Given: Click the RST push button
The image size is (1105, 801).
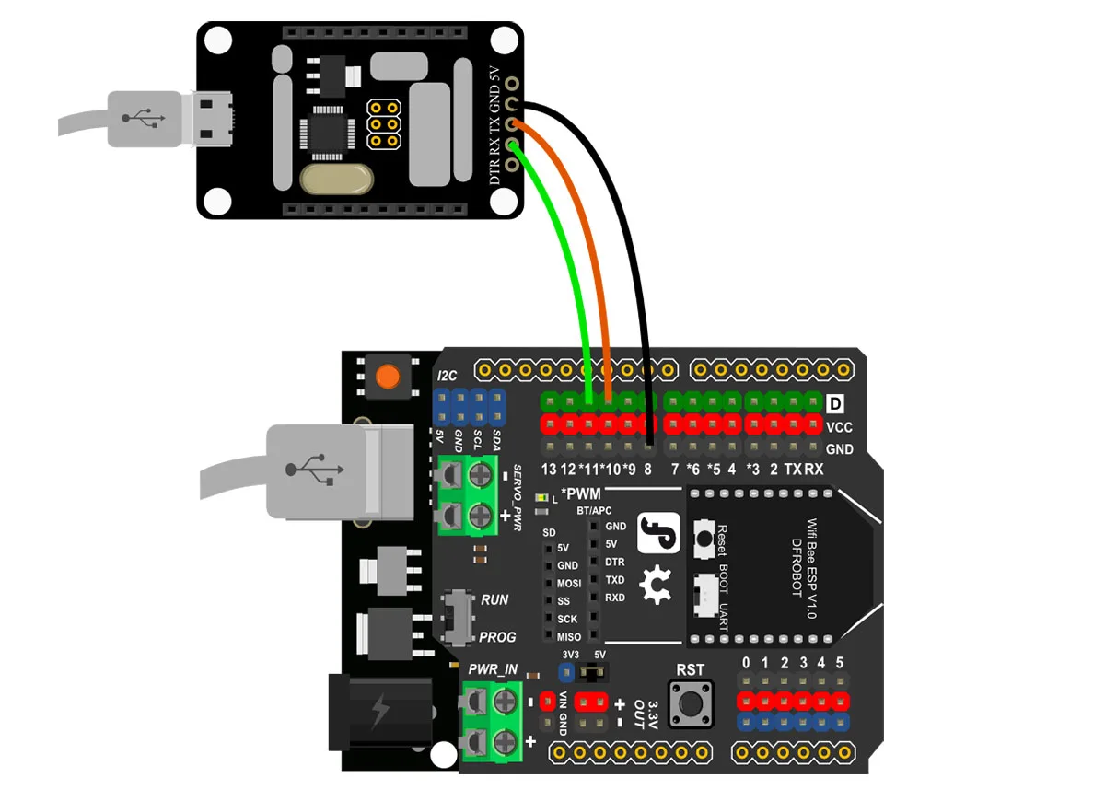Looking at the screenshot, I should (691, 705).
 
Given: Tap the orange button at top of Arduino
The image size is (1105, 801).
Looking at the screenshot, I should (387, 376).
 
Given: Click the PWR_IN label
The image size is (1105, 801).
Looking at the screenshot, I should (493, 669).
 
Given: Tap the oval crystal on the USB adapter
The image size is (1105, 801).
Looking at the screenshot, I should (335, 180).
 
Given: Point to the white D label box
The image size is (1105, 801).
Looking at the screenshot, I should (835, 403).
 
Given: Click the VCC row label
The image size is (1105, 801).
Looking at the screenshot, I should (839, 427).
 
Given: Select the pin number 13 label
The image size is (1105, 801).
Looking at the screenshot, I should (549, 470).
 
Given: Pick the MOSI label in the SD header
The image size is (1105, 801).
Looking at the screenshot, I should (568, 583).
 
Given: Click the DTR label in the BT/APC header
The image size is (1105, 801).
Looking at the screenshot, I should (614, 562).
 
